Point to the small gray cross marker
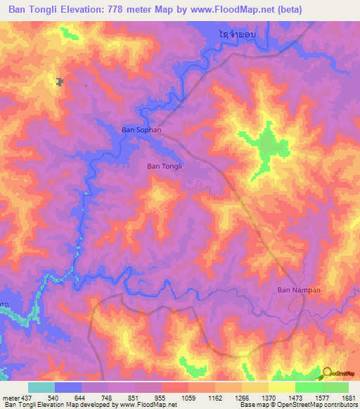(59, 82)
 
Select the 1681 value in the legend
(348, 398)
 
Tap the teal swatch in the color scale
(41, 387)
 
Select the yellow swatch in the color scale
(282, 387)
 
